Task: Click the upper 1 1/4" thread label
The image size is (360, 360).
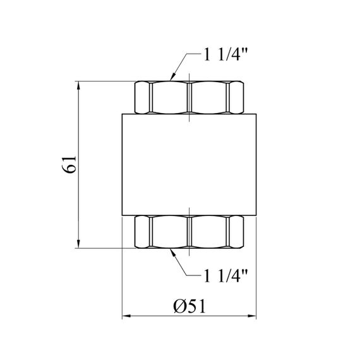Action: coord(225,56)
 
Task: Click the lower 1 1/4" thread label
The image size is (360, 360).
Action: coord(225,276)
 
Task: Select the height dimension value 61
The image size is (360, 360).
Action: coord(69,164)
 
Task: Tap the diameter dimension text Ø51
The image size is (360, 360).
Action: coord(189,306)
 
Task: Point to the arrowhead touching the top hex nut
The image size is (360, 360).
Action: coord(172,76)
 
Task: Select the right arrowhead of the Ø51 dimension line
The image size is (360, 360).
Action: coord(251,316)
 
